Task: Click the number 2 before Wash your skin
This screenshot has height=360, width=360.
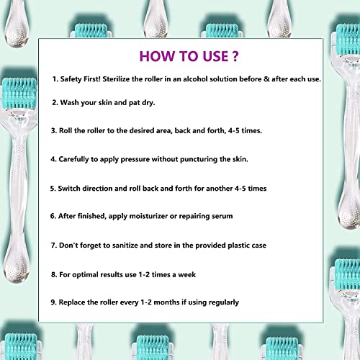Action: pos(54,103)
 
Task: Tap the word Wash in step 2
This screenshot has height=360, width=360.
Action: pos(73,103)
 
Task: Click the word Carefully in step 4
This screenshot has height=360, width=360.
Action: pos(81,160)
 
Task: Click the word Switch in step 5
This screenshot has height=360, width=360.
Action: pos(74,188)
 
